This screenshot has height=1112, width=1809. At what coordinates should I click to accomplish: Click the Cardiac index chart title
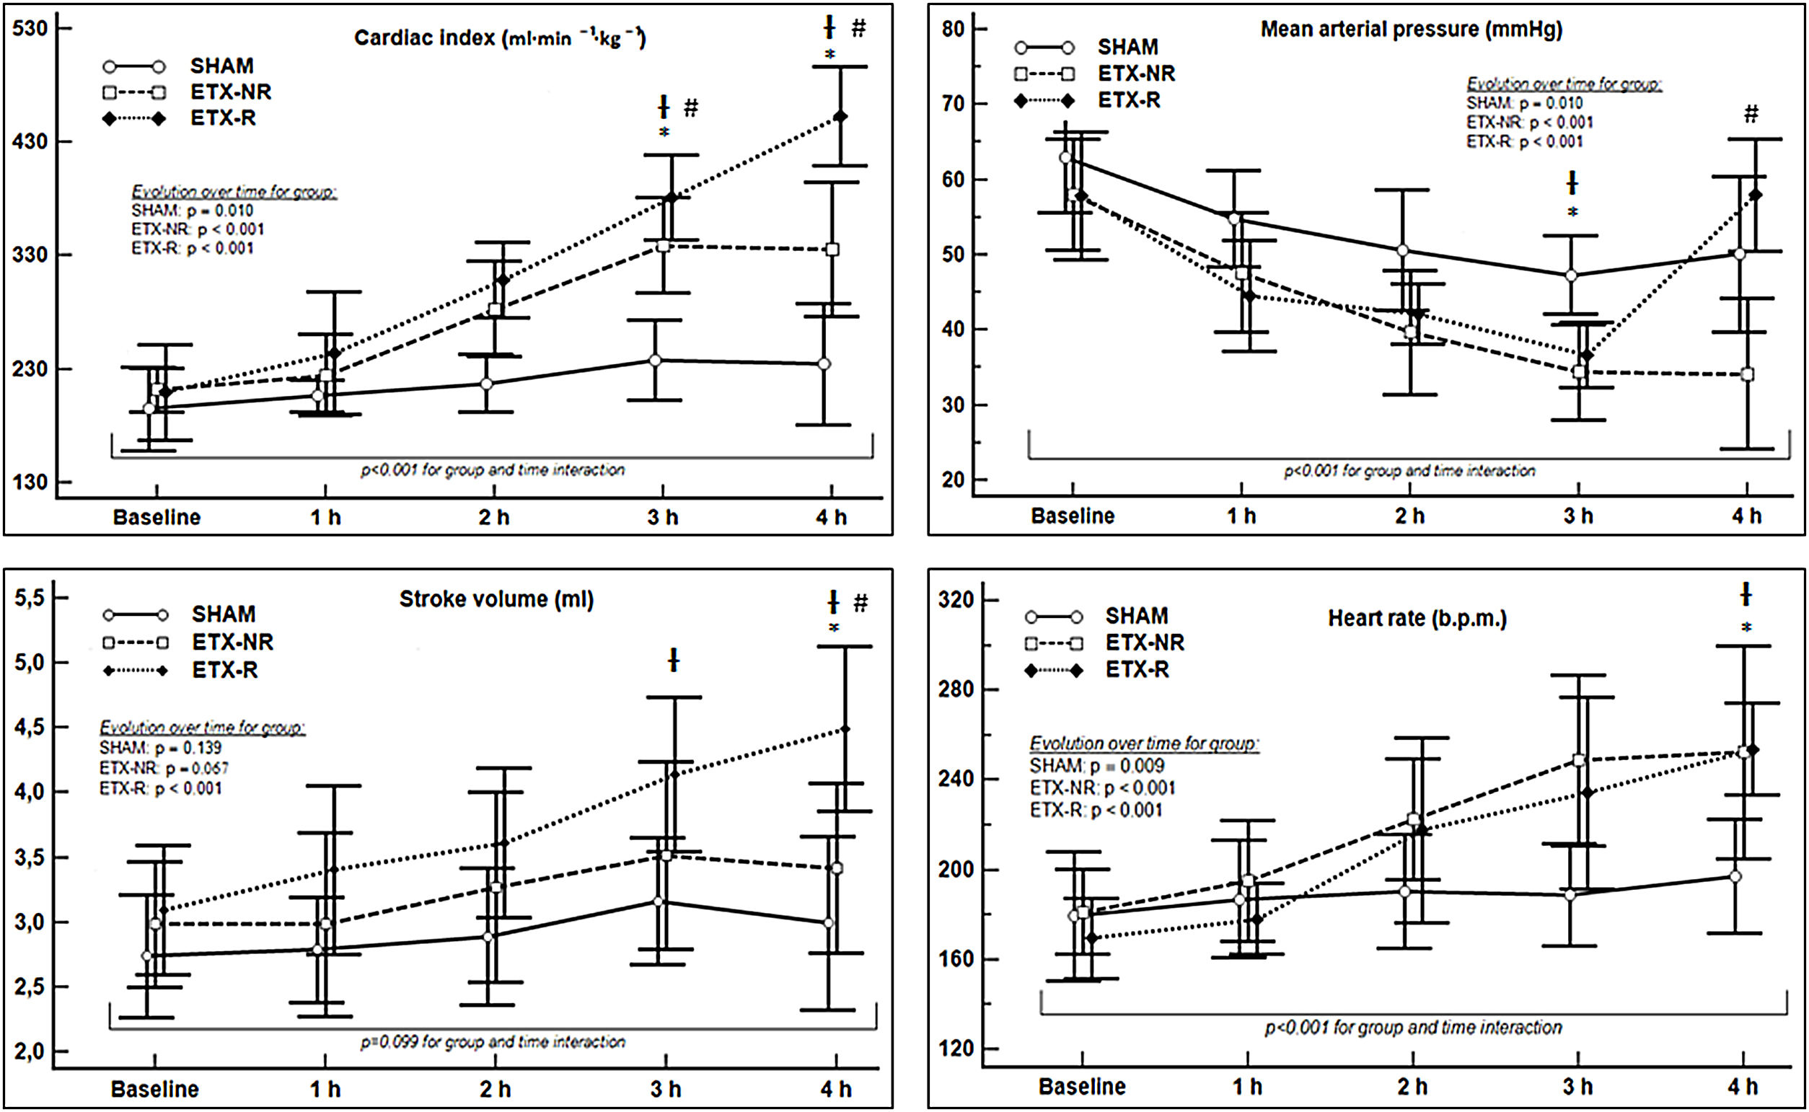499,37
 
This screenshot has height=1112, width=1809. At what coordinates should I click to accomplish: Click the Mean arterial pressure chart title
1411,30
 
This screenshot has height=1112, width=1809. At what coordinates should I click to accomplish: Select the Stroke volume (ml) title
496,599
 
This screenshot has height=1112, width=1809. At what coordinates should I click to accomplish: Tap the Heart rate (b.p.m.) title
1417,619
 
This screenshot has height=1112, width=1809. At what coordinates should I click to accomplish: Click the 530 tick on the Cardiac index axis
30,28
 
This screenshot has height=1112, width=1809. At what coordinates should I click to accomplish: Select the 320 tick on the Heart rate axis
955,599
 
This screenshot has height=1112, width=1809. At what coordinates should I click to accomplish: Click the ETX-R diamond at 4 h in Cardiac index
840,116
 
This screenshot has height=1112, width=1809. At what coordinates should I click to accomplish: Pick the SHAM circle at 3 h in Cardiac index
655,360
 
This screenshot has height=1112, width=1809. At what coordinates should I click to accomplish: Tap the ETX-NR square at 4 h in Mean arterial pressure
1747,374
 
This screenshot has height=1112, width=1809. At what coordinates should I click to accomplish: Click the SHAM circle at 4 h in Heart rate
1735,876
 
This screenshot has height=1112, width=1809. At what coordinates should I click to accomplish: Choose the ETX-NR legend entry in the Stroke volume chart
232,642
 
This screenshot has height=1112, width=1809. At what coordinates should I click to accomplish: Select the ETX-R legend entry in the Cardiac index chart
223,118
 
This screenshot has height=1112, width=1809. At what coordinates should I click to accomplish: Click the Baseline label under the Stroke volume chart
154,1088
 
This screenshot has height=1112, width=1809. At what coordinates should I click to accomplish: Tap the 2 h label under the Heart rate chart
1412,1086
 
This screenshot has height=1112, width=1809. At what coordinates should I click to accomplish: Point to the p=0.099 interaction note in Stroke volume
493,1041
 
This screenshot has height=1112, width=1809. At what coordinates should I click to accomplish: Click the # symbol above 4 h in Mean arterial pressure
1751,114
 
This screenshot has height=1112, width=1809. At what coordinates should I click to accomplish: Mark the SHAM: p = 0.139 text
160,747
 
